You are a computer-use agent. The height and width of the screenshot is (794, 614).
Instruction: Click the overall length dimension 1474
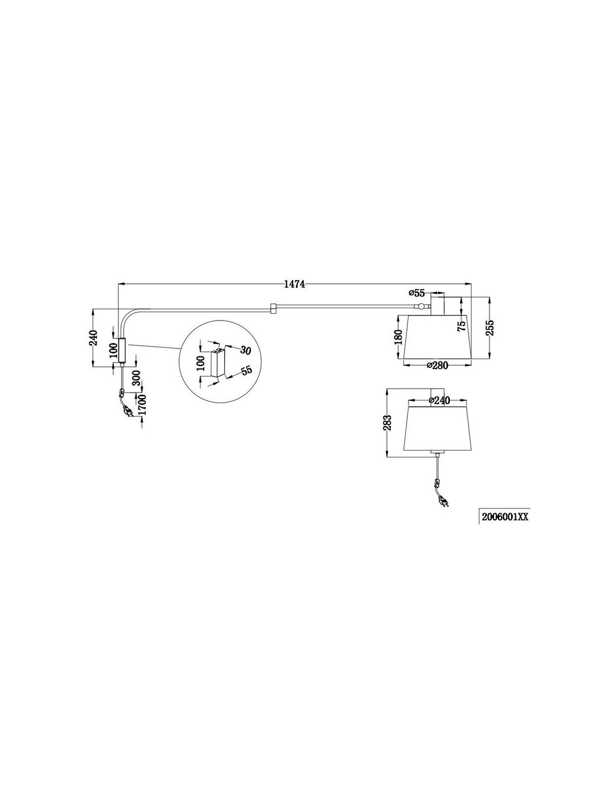point(294,284)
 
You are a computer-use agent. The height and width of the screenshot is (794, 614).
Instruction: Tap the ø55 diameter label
point(417,293)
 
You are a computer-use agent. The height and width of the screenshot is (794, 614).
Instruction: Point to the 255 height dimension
point(490,328)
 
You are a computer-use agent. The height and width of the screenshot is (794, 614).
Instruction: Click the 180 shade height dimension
point(398,337)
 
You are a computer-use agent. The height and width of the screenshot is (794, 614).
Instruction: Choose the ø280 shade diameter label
point(437,365)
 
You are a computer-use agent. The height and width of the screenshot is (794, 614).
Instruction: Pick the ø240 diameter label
point(439,400)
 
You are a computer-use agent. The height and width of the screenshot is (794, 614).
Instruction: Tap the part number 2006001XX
point(505,517)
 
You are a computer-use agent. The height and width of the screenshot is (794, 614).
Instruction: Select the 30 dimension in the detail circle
point(245,351)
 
